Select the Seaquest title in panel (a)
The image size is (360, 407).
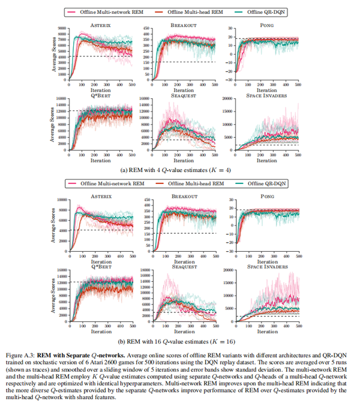pyautogui.click(x=184, y=94)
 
